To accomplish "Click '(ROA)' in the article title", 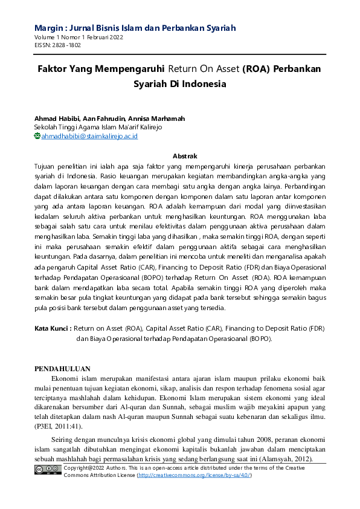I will point(256,69).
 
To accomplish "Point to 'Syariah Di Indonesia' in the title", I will point(179,84).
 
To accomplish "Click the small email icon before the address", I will point(37,136).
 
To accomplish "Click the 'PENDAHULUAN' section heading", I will point(62,368).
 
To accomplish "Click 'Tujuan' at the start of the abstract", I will point(46,165).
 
